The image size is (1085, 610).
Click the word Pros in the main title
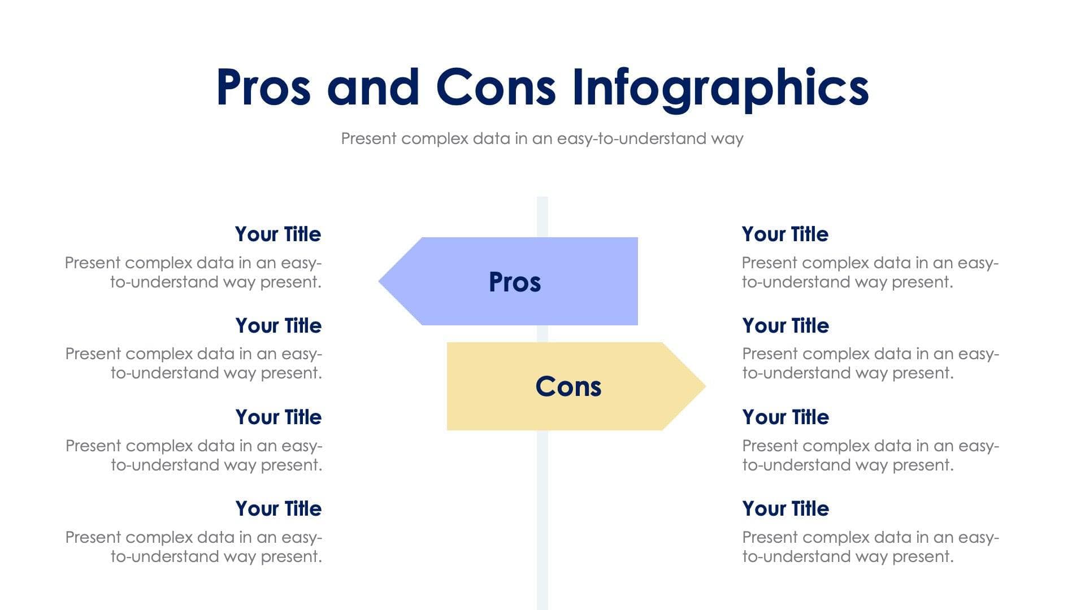click(263, 88)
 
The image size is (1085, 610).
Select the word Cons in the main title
click(496, 88)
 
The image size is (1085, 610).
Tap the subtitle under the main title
click(542, 138)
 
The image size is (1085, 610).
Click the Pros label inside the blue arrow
click(514, 282)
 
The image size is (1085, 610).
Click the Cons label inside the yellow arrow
click(568, 387)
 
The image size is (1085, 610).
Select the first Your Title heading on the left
click(277, 234)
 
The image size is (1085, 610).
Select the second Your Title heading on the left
click(278, 326)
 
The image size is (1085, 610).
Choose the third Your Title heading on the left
click(278, 417)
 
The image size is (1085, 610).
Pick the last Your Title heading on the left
click(278, 509)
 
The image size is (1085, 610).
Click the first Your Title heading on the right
click(785, 234)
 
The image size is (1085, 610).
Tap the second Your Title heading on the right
click(785, 326)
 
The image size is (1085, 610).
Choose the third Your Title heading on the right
click(785, 417)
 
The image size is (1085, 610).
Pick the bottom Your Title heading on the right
click(785, 509)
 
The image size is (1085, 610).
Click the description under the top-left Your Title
click(193, 272)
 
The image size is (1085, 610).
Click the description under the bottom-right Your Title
click(870, 547)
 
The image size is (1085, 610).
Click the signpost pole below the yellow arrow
click(542, 520)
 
